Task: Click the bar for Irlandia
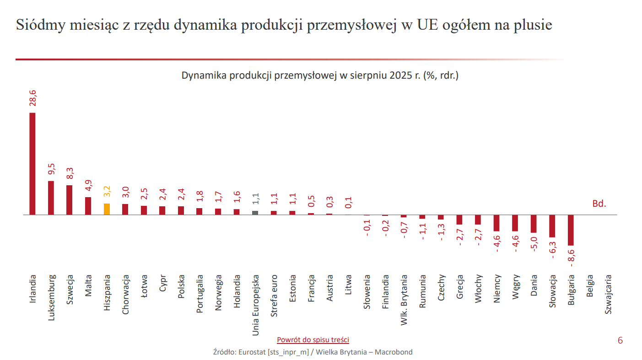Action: pyautogui.click(x=32, y=163)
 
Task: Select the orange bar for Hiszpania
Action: pyautogui.click(x=107, y=209)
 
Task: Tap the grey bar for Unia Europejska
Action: pyautogui.click(x=255, y=213)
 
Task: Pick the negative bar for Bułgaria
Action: pyautogui.click(x=571, y=230)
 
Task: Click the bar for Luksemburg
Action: pyautogui.click(x=51, y=198)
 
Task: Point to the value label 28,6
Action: pyautogui.click(x=33, y=98)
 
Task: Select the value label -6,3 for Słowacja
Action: pyautogui.click(x=552, y=249)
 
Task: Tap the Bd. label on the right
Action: pyautogui.click(x=599, y=204)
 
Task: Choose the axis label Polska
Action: pyautogui.click(x=181, y=287)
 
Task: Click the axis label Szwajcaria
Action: pyautogui.click(x=608, y=294)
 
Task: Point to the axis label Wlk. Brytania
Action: pyautogui.click(x=404, y=300)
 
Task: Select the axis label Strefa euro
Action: pyautogui.click(x=274, y=296)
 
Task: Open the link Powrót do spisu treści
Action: pyautogui.click(x=313, y=339)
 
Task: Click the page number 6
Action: pyautogui.click(x=620, y=340)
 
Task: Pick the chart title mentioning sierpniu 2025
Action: pyautogui.click(x=320, y=75)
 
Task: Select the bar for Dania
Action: pyautogui.click(x=534, y=224)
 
